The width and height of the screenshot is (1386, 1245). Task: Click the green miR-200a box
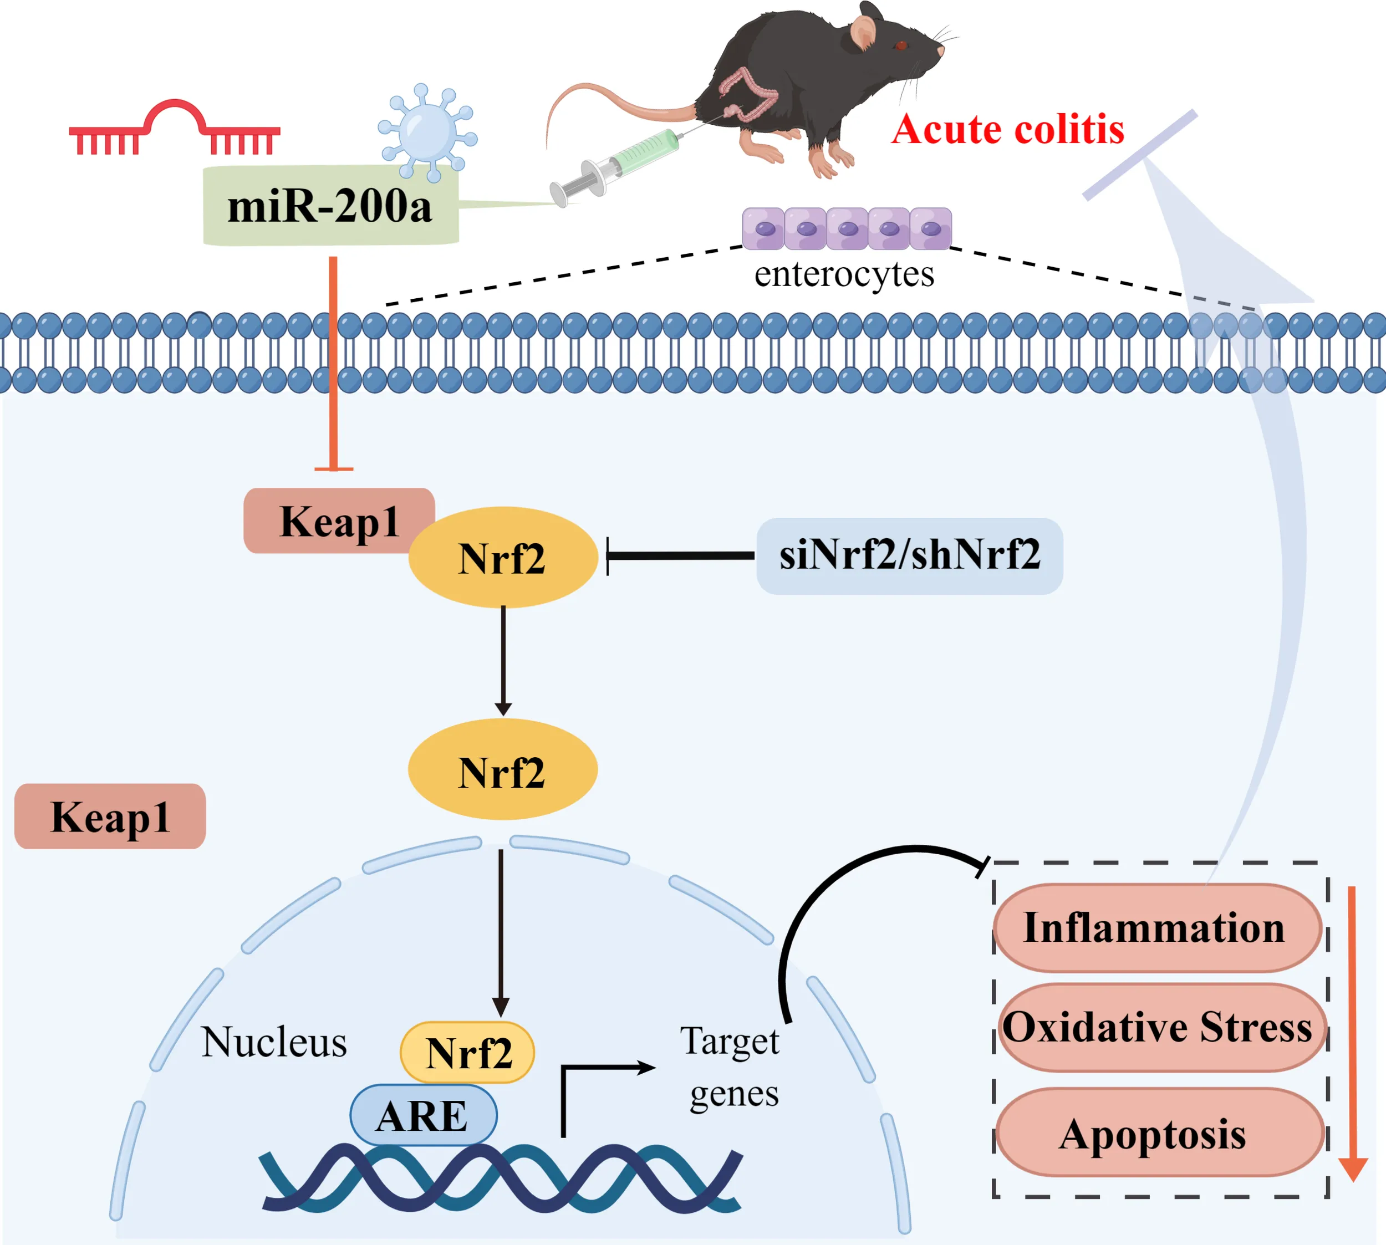point(330,205)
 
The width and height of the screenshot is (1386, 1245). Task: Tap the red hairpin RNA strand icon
point(175,129)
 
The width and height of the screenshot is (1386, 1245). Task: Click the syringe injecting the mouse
point(616,164)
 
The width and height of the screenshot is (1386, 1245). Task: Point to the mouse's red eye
point(900,46)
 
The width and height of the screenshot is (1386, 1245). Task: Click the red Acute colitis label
point(1008,129)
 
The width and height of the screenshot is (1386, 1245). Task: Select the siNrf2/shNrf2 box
point(909,555)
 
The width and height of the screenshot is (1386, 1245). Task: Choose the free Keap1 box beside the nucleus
point(110,816)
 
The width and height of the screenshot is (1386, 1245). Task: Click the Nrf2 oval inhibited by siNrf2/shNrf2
point(503,558)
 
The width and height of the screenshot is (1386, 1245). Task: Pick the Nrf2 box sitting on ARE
point(467,1052)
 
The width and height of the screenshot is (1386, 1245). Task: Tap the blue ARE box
point(423,1116)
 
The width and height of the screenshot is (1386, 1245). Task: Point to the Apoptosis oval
point(1156,1134)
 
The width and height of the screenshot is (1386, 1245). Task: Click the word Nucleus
point(274,1043)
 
